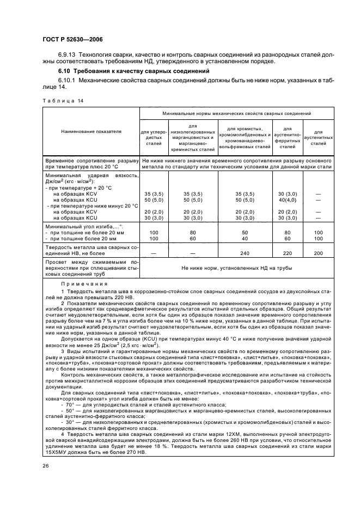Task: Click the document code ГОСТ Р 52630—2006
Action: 68,39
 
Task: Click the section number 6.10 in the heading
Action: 65,71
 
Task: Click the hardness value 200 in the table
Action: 318,253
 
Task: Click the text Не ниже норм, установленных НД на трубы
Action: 237,268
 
